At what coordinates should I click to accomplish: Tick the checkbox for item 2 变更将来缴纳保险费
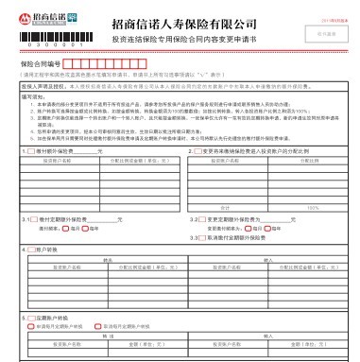197,150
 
